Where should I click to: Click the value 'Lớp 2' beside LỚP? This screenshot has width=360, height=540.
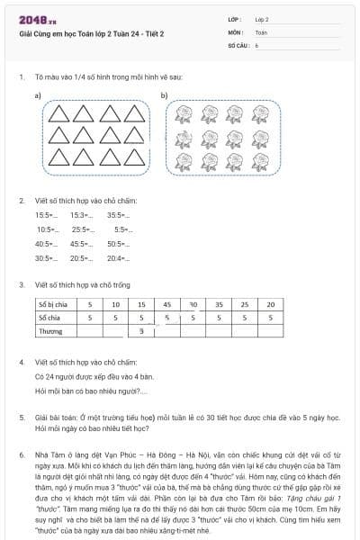262,19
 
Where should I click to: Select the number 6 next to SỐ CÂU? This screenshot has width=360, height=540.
256,44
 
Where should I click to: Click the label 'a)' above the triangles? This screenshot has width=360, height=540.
38,95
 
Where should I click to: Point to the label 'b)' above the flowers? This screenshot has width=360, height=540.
164,95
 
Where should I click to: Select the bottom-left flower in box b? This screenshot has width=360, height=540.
185,156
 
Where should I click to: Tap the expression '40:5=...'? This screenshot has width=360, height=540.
46,244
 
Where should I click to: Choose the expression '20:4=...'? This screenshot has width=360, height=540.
118,258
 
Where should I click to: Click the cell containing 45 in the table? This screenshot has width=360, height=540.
167,304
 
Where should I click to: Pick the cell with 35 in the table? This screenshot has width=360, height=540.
220,304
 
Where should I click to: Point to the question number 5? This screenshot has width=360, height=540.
22,418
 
